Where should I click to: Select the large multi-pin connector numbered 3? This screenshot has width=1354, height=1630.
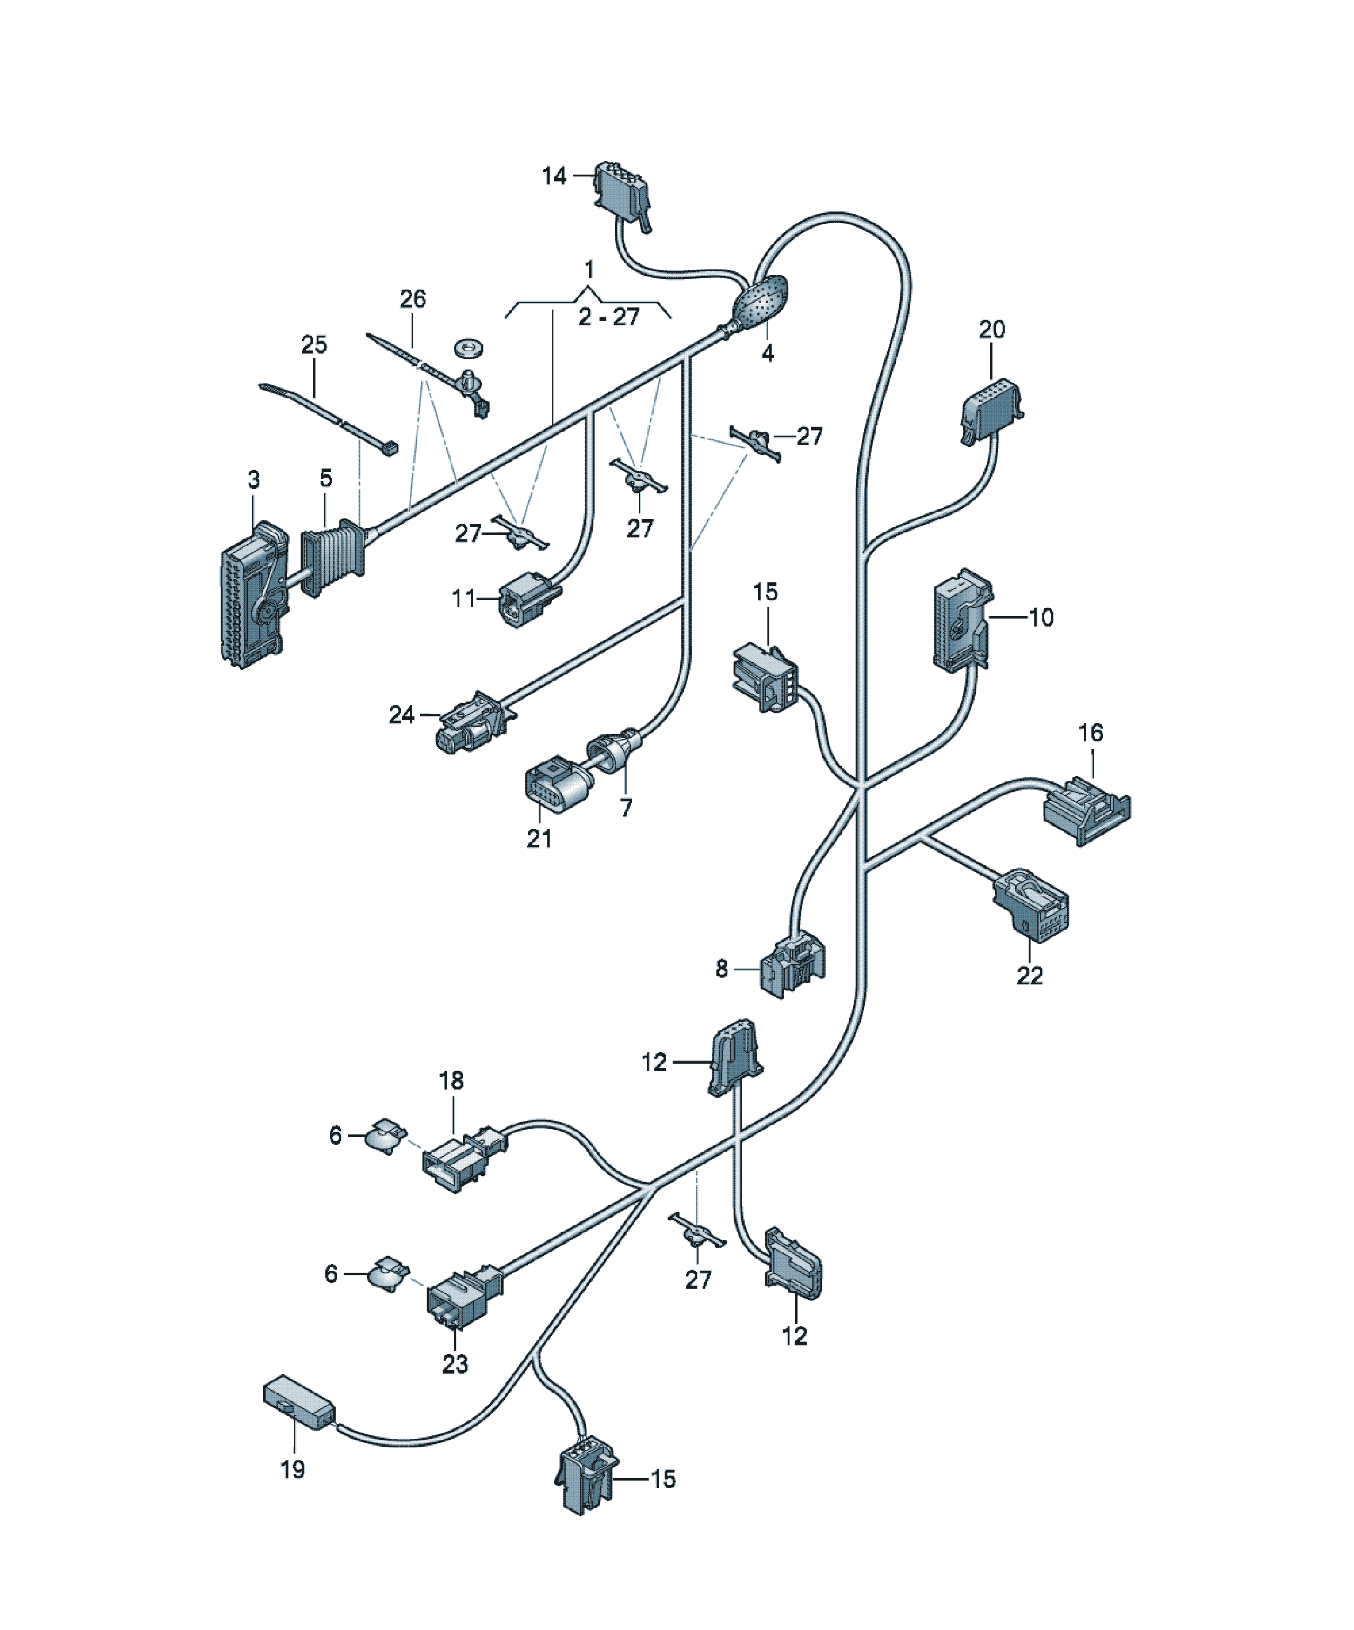pyautogui.click(x=255, y=595)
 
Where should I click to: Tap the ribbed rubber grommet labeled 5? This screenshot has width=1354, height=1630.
pyautogui.click(x=332, y=557)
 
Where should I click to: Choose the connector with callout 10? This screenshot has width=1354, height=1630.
pyautogui.click(x=962, y=620)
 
